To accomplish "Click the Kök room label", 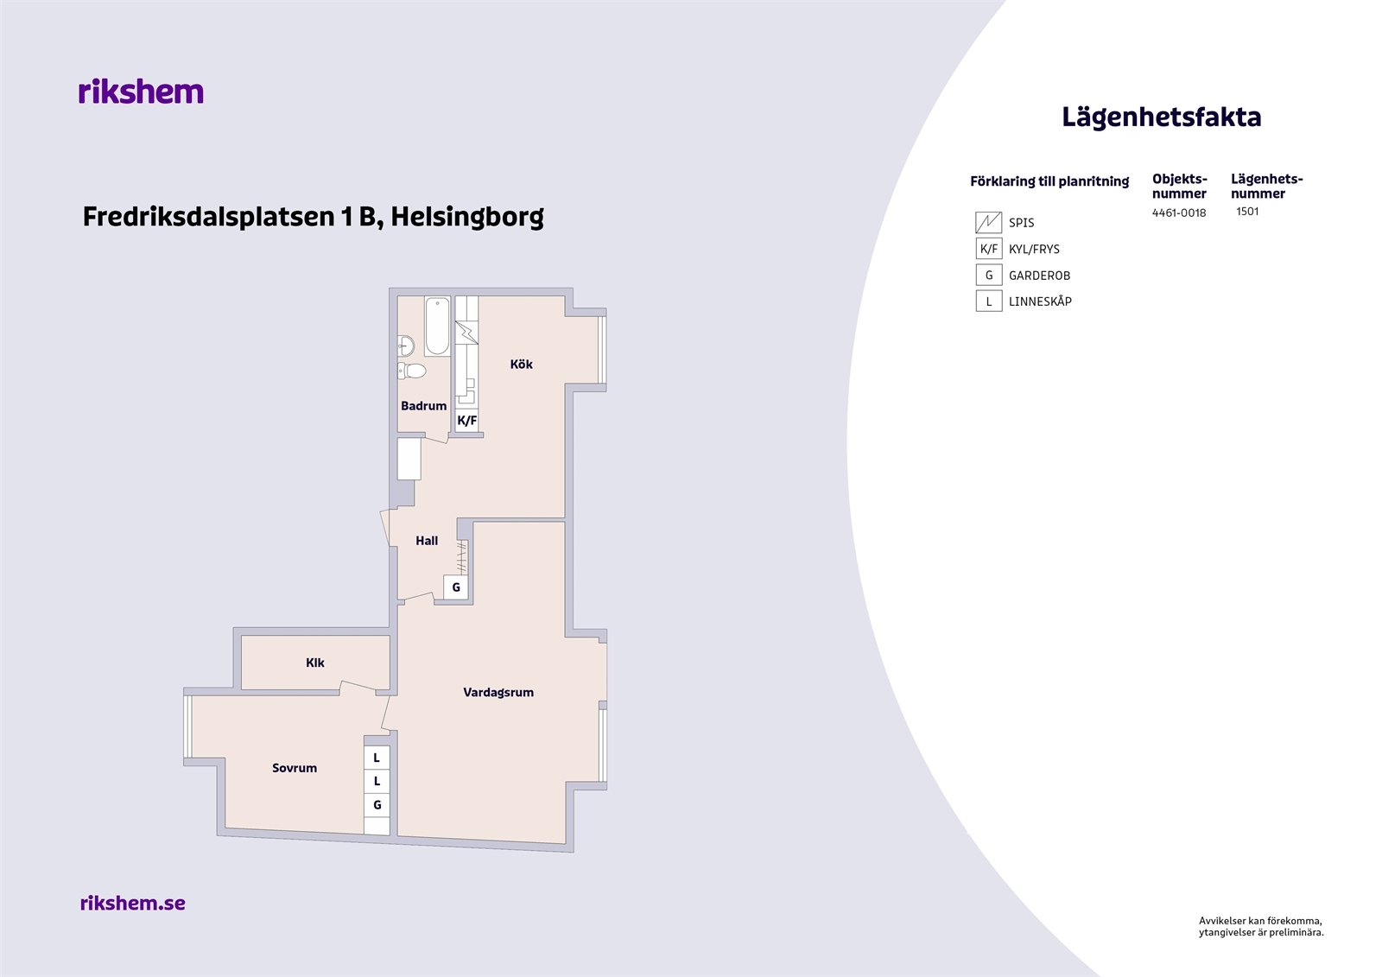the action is click(x=522, y=365).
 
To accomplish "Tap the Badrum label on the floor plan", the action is click(x=424, y=406).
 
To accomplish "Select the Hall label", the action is click(x=427, y=541).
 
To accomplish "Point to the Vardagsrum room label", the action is click(x=498, y=693).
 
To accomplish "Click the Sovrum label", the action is click(x=295, y=768).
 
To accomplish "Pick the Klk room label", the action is click(x=314, y=663).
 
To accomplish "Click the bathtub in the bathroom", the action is click(x=437, y=326).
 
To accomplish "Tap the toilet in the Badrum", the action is click(x=412, y=371).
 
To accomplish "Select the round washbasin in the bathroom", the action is click(x=405, y=346).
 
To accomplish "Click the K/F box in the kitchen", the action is click(x=467, y=421).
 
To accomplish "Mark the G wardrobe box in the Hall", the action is click(x=456, y=587).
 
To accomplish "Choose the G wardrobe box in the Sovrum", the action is click(x=377, y=805).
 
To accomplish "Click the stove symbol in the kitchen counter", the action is click(x=466, y=332).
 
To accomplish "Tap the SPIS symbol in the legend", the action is click(x=988, y=222).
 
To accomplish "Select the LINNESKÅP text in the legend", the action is click(x=1040, y=301).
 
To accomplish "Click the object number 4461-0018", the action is click(x=1179, y=213).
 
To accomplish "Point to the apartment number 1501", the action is click(x=1247, y=211).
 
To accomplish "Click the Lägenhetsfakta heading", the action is click(x=1161, y=117).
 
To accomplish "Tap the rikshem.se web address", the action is click(x=133, y=903).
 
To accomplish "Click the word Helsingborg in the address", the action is click(x=467, y=217).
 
